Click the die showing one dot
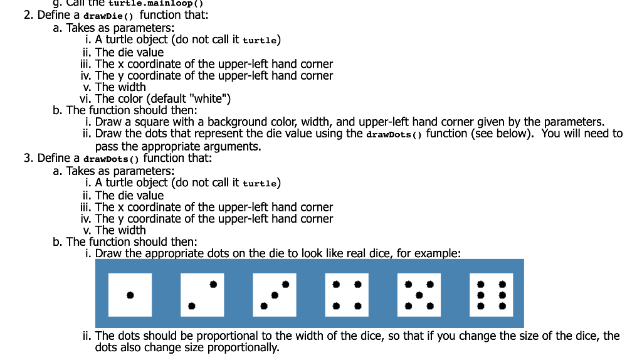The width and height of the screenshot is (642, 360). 130,295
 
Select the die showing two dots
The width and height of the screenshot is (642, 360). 203,295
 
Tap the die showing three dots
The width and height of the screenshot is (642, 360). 275,295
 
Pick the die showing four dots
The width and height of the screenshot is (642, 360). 347,295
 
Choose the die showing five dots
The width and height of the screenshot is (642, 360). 419,295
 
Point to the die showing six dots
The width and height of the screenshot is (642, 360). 492,295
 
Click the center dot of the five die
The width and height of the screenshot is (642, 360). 419,295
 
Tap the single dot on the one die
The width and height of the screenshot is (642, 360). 130,295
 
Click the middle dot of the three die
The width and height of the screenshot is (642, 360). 275,295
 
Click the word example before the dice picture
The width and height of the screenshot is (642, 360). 436,253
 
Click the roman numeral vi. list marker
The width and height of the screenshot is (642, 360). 86,98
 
